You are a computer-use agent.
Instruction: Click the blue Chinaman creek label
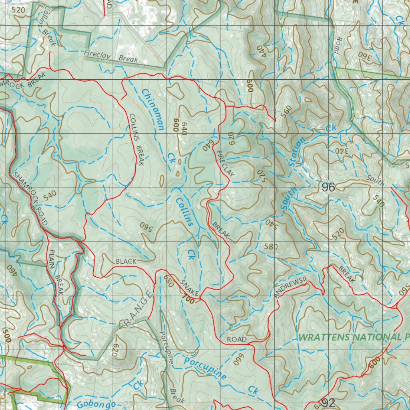pos(153,109)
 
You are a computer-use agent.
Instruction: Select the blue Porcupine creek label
pos(205,368)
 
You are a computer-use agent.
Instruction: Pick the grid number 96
pos(328,187)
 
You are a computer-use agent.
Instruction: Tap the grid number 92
pos(328,403)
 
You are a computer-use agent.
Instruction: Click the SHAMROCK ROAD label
pos(30,199)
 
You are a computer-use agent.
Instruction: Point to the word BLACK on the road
pos(126,261)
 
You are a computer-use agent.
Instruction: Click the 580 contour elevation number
pos(270,247)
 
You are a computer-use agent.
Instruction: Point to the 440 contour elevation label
pos(262,50)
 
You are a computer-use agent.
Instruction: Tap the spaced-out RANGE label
pos(138,310)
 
